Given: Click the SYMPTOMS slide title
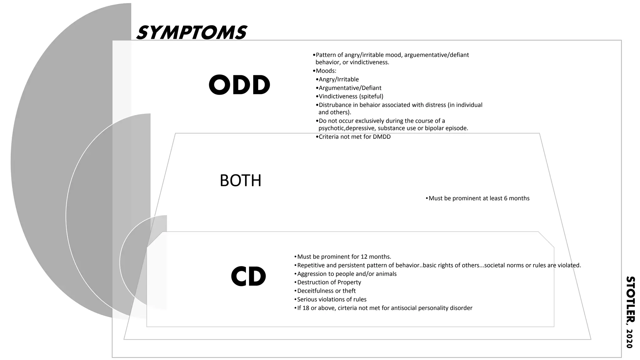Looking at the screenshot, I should [x=192, y=33].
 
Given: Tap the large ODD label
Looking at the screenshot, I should [x=239, y=85].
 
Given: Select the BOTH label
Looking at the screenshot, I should [x=240, y=181].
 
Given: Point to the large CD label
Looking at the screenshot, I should [x=248, y=277].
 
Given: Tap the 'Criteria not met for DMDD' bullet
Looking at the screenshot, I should [x=354, y=137].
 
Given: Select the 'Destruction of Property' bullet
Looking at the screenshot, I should [x=329, y=282].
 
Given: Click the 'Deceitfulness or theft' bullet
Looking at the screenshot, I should [x=326, y=291].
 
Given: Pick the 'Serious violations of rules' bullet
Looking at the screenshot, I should [x=332, y=299].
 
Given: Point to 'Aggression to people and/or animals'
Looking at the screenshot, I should [x=347, y=274].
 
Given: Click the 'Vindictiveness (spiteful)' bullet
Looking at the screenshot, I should [x=351, y=97].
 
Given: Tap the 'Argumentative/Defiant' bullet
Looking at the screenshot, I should [x=350, y=88].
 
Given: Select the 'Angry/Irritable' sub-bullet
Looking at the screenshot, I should [x=338, y=80].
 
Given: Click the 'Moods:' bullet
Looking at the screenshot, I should [x=326, y=71].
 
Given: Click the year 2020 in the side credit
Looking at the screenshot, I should [x=629, y=338].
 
